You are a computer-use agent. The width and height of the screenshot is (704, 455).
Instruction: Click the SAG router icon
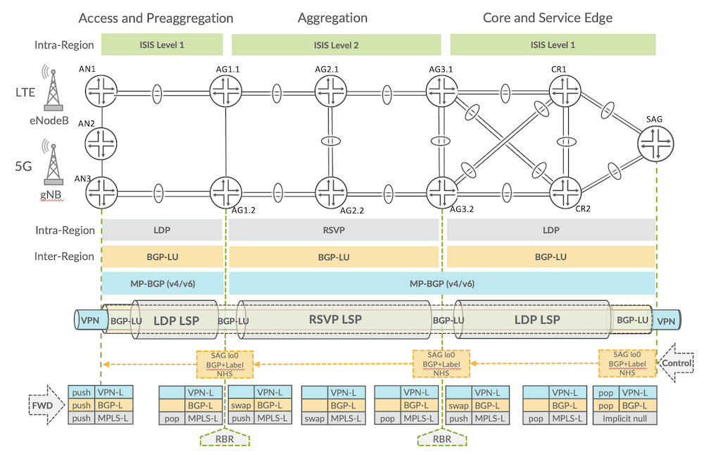point(656,144)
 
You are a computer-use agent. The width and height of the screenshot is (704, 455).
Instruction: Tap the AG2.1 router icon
point(331,91)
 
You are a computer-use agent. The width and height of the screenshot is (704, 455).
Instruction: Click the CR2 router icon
point(567,190)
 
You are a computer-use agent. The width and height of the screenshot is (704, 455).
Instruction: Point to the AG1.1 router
point(226,91)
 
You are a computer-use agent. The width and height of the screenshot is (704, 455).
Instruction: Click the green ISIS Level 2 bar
point(337,45)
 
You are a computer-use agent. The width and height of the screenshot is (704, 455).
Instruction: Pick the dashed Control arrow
point(677,363)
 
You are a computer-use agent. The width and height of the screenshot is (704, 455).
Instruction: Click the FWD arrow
point(43,405)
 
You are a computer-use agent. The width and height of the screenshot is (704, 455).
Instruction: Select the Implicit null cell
point(625,418)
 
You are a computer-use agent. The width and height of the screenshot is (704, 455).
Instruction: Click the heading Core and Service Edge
point(547,18)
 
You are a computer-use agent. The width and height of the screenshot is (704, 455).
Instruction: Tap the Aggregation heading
point(332,18)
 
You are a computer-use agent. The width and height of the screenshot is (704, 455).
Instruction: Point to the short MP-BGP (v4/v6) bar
point(162,284)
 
